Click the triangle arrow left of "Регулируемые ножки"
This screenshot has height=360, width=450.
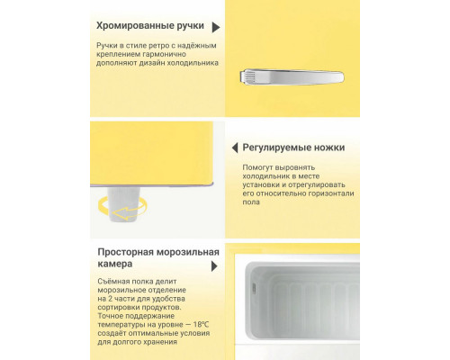(x=233, y=147)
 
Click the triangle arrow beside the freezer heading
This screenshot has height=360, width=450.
(x=214, y=267)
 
